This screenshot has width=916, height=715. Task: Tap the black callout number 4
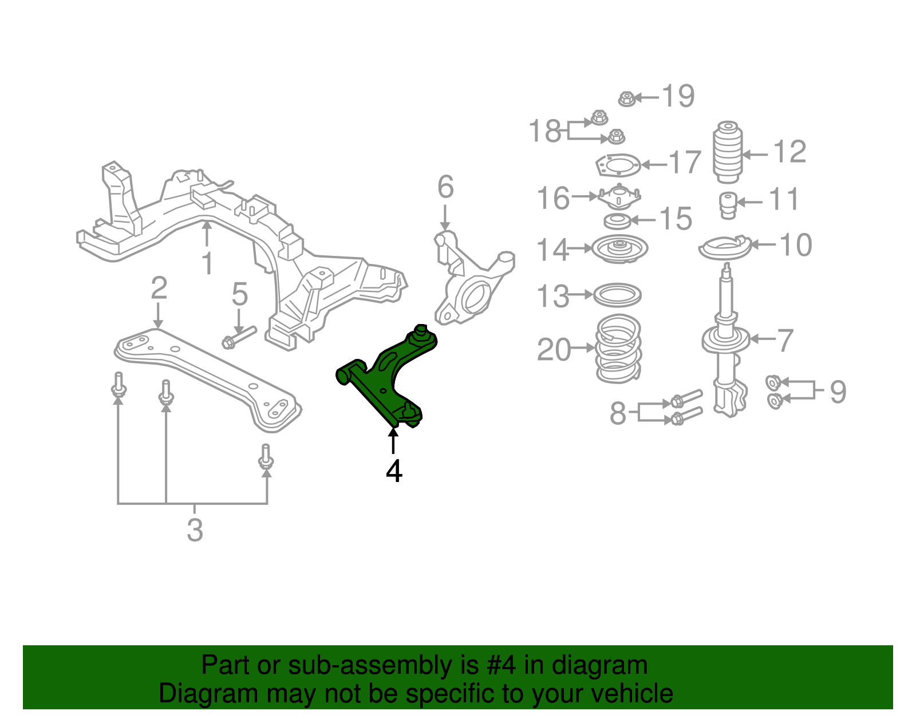[x=394, y=471]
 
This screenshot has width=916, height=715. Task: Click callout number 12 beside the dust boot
[x=789, y=152]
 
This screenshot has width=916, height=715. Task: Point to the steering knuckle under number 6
[x=469, y=286]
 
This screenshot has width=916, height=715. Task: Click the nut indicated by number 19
[x=626, y=99]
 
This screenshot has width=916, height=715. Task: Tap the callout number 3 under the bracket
[x=195, y=530]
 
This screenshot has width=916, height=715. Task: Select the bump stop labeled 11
[x=727, y=205]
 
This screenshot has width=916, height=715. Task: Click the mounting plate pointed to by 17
[x=617, y=167]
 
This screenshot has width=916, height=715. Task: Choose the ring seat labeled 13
[x=617, y=295]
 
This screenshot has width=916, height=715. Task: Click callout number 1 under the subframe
[x=207, y=264]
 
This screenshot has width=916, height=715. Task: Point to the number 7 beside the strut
[x=785, y=340]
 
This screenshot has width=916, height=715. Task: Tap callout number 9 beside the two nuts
[x=838, y=392]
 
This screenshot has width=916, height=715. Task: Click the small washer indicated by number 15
[x=617, y=220]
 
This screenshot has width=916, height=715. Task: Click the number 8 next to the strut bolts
[x=618, y=413]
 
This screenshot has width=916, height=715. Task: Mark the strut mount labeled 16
[x=619, y=198]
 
